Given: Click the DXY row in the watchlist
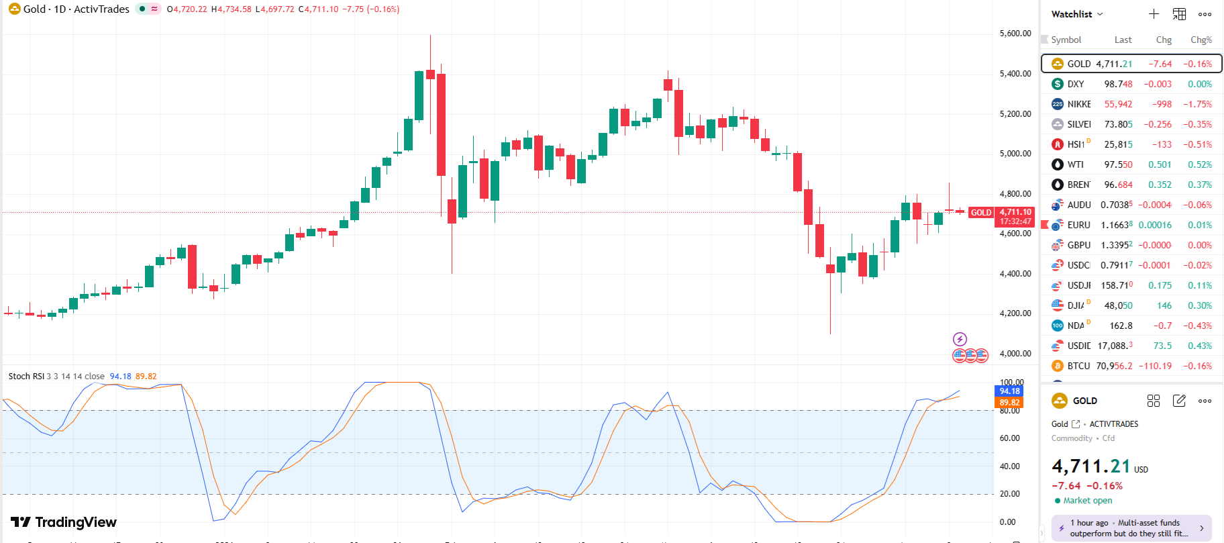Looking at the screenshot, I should (x=1131, y=84).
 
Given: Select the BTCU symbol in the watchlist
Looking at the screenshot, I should (x=1078, y=366).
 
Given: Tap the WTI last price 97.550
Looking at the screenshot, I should (x=1118, y=164).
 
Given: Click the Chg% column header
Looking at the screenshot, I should (x=1201, y=40).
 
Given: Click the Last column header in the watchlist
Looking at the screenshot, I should (x=1123, y=40).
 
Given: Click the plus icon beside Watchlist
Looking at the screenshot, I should (x=1154, y=14).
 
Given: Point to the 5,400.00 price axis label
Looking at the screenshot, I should (x=1015, y=74).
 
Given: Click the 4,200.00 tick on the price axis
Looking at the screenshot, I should (x=1015, y=313).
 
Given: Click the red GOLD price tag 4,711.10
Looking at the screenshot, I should (x=1015, y=212).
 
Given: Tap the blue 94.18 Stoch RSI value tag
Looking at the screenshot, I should (x=1009, y=391).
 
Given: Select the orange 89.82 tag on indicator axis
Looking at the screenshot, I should (x=1009, y=403).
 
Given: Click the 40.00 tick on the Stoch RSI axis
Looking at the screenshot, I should (x=1009, y=466).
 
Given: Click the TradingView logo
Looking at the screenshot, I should (x=64, y=522).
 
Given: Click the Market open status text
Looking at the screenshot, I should (x=1087, y=501).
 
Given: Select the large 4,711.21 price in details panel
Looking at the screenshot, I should (x=1091, y=466).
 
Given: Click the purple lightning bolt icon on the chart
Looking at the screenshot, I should (x=960, y=339).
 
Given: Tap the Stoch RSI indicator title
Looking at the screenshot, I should (x=27, y=377).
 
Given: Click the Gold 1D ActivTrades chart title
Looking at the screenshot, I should (x=76, y=9).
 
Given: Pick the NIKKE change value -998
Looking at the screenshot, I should (x=1162, y=104).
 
